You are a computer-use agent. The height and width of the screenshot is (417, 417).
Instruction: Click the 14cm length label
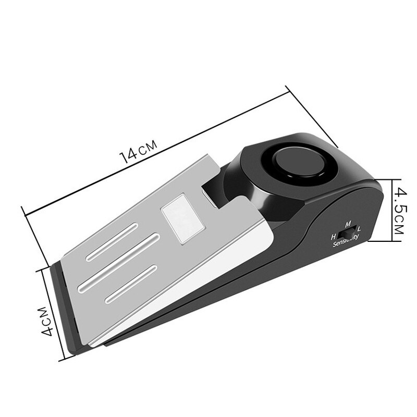pyautogui.click(x=139, y=152)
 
